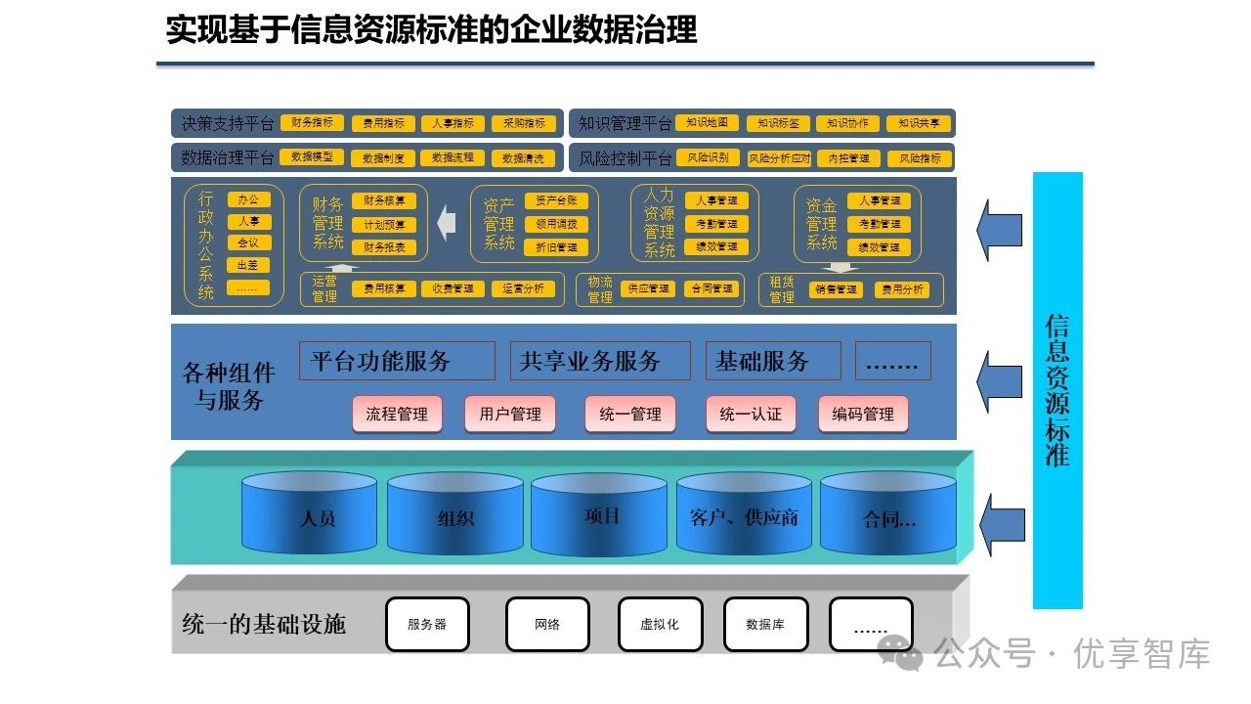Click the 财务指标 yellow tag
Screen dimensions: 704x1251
[x=312, y=123]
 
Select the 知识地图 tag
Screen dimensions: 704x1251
[x=707, y=123]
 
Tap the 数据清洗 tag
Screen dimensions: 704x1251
[x=523, y=157]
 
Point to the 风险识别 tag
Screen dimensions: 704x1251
[x=707, y=157]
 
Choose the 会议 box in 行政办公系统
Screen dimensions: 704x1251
[x=248, y=243]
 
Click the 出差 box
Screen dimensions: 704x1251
[x=248, y=265]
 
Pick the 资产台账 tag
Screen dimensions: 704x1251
[x=556, y=200]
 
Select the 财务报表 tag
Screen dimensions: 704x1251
[x=384, y=247]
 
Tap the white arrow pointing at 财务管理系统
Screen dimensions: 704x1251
[x=447, y=223]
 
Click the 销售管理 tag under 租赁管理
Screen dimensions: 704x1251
[x=836, y=289]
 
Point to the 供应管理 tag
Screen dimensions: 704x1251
[x=649, y=289]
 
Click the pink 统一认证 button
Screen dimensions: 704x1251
[x=751, y=414]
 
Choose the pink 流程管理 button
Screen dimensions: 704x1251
[x=397, y=414]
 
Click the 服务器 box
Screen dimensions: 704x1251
[x=427, y=624]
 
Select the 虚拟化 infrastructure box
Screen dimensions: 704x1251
[x=660, y=624]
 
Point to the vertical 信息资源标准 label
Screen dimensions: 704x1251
[x=1057, y=390]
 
